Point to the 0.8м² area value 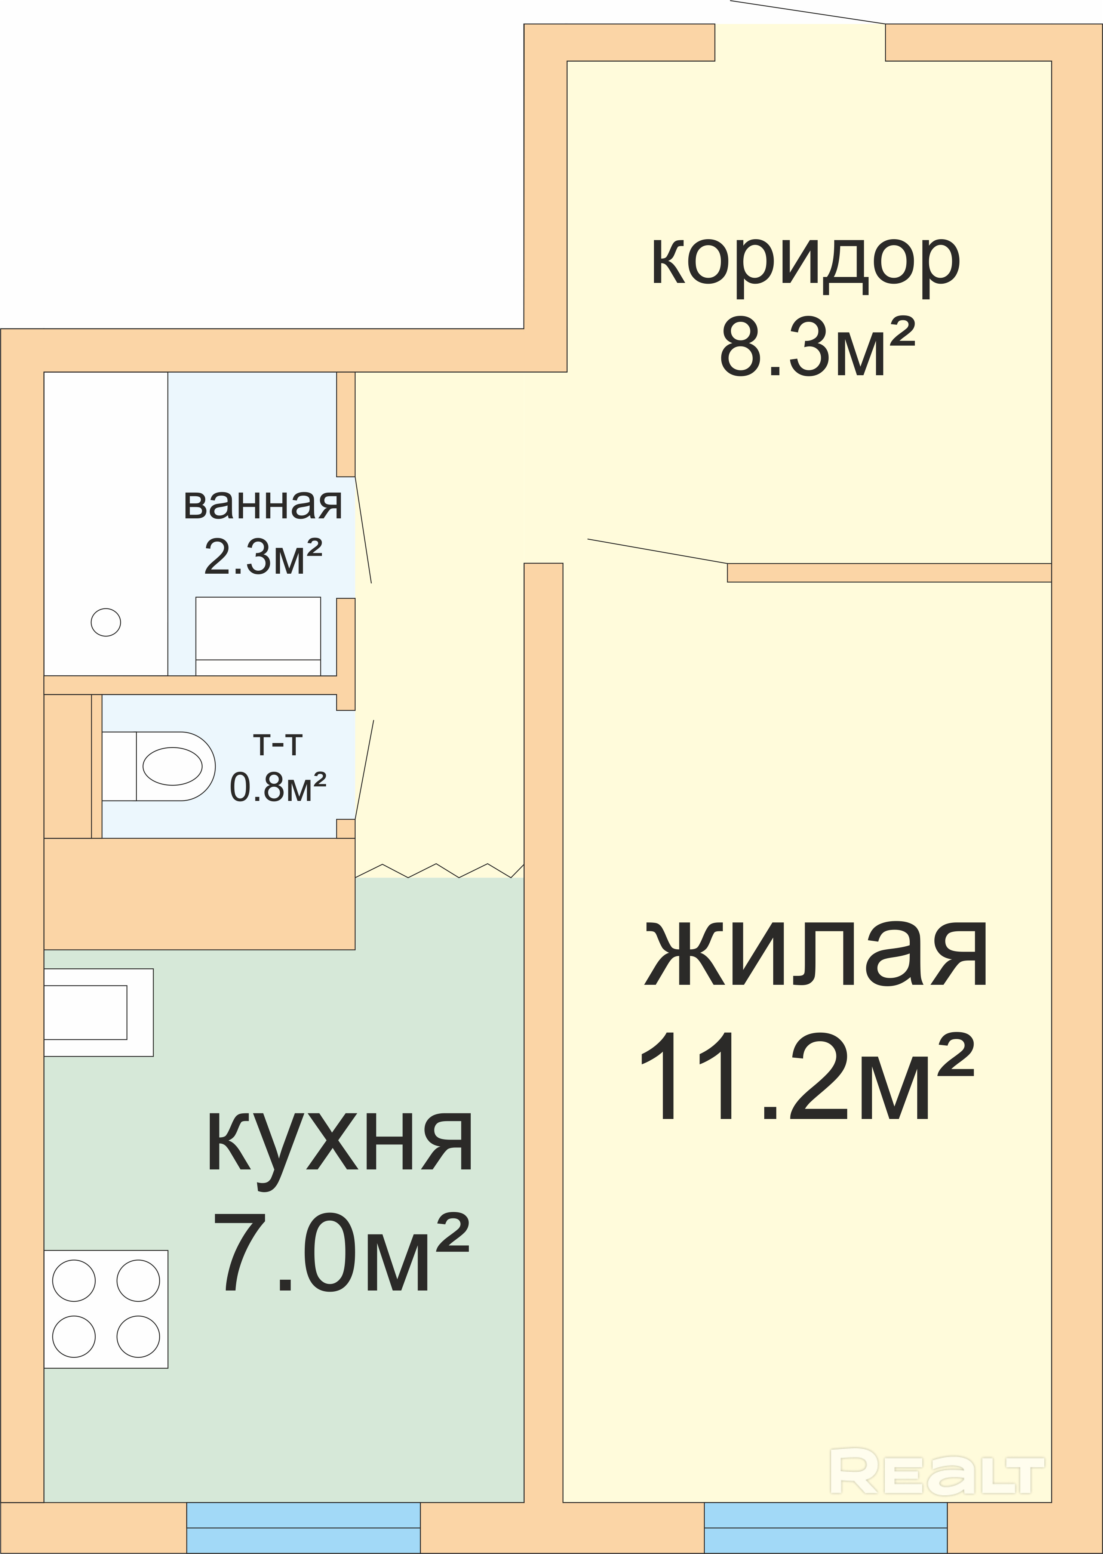[279, 786]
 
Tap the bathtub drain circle [106, 622]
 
